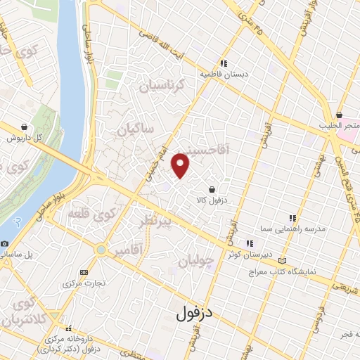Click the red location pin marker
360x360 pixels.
(181, 166)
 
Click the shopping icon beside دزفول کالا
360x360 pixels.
(212, 188)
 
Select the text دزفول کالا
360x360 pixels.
(212, 200)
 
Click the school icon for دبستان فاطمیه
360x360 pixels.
(223, 62)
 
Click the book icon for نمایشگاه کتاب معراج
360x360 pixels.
(283, 259)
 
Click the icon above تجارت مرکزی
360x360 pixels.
(84, 272)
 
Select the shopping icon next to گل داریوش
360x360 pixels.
(25, 127)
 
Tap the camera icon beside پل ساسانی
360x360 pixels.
(5, 243)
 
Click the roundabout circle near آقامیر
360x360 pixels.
(102, 250)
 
